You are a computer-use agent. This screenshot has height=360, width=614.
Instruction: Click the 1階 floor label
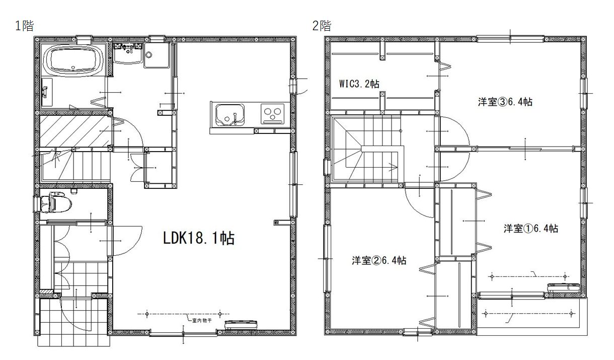(x=25, y=26)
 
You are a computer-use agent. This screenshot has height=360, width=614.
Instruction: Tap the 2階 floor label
(x=322, y=26)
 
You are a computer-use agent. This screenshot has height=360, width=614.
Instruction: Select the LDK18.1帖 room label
(x=199, y=238)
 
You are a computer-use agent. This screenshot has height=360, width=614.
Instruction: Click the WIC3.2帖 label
(x=359, y=84)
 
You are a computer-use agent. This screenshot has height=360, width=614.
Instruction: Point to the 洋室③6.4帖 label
(x=505, y=102)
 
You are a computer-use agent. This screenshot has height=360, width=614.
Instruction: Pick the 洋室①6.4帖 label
(x=530, y=229)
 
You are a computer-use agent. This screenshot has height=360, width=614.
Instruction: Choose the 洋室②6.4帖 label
(x=379, y=260)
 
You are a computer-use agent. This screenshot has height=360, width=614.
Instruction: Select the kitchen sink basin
(x=229, y=115)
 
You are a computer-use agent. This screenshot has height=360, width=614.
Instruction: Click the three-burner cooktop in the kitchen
(x=272, y=114)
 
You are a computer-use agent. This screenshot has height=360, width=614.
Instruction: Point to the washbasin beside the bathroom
(x=128, y=54)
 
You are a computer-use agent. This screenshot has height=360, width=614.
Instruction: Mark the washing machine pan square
(x=157, y=55)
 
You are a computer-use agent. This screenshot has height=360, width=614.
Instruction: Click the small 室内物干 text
(x=202, y=321)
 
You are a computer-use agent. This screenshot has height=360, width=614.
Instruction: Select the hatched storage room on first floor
(x=75, y=131)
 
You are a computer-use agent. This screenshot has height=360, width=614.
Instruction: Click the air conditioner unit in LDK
(x=242, y=324)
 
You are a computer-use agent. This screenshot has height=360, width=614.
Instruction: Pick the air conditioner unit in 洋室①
(x=564, y=287)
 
